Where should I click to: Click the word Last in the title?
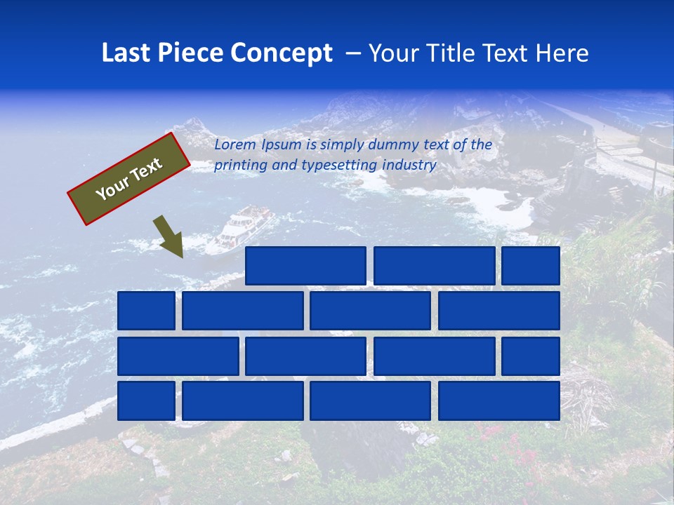126,53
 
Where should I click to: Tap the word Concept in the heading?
282,53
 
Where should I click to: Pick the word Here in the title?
562,53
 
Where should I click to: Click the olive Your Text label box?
129,179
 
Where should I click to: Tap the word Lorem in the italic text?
235,145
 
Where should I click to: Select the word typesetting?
339,166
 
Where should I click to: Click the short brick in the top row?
531,266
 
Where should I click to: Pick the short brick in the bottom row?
146,400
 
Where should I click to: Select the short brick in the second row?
146,311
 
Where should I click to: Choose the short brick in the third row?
531,356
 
